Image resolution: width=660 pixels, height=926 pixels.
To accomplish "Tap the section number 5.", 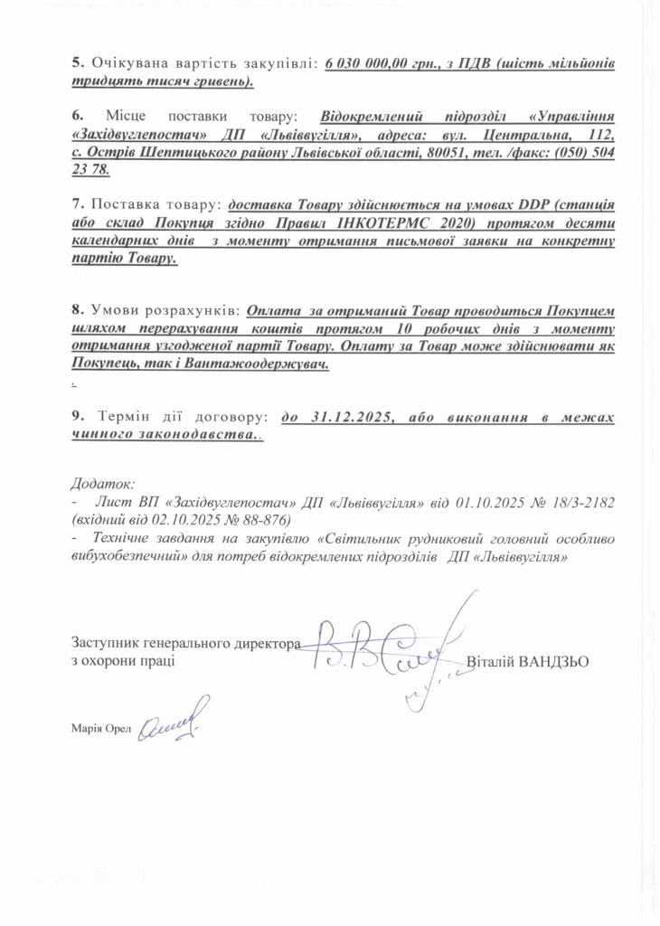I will click(x=76, y=64).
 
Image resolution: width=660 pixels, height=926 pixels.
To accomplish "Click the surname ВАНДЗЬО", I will click(x=553, y=661).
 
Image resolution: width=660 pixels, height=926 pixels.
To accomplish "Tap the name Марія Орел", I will click(x=100, y=728).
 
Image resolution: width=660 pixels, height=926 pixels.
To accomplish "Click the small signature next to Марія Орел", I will click(x=173, y=722).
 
